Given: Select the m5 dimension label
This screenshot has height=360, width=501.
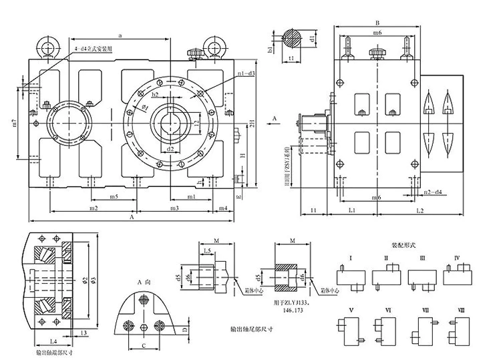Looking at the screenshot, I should (x=113, y=198).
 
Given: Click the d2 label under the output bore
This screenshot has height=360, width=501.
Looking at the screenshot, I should (x=172, y=148).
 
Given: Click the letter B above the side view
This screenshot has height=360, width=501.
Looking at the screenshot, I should (x=377, y=22).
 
